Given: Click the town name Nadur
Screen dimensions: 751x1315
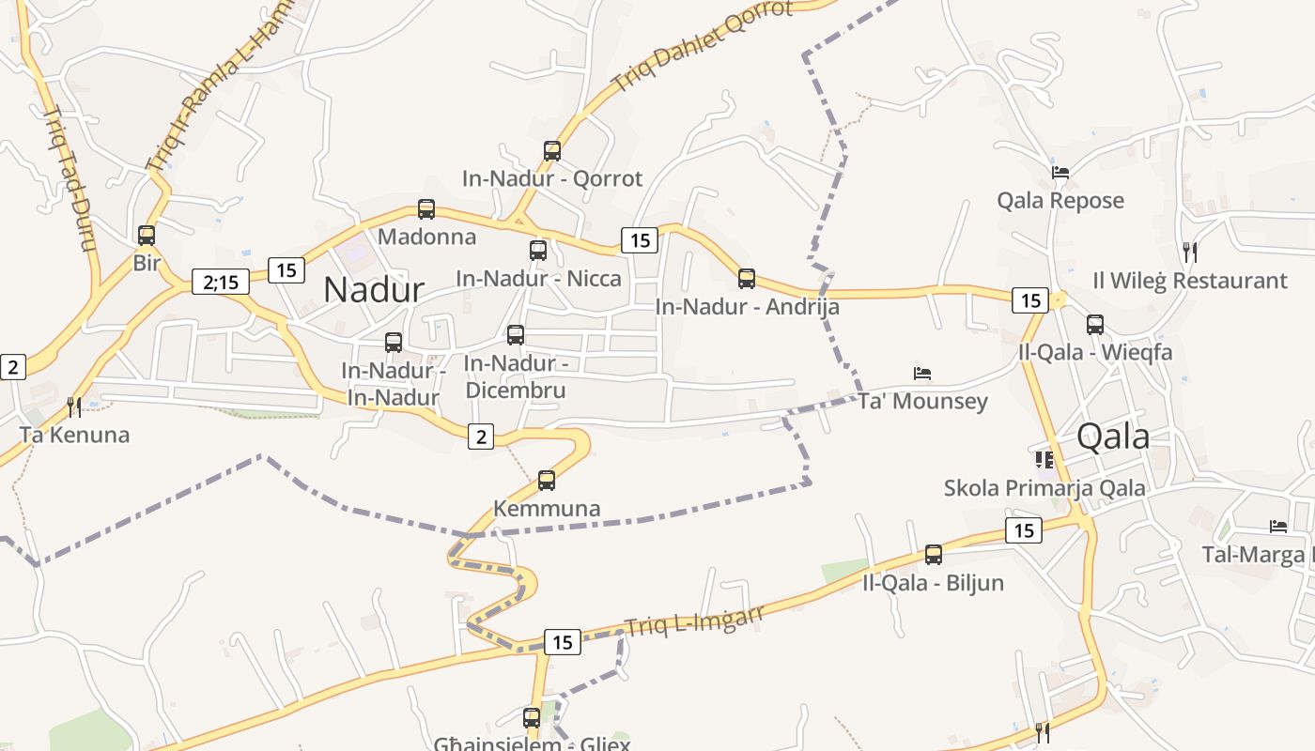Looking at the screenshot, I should click(x=374, y=289).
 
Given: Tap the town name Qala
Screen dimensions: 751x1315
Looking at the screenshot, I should click(x=1113, y=436).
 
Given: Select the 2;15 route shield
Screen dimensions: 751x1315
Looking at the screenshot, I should click(x=221, y=281).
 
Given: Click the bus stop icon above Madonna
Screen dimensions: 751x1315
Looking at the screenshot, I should click(x=426, y=209).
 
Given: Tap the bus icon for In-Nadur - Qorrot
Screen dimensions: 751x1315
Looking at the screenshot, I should click(x=552, y=151).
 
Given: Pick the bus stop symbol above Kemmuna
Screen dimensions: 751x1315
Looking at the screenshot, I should click(x=547, y=481).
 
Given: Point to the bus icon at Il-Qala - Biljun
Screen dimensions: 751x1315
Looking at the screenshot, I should click(x=934, y=555).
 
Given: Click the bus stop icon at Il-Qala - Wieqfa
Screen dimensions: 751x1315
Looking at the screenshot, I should click(x=1095, y=325).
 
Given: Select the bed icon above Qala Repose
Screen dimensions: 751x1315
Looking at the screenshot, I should click(x=1060, y=173).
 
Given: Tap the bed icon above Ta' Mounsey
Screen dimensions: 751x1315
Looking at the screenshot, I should click(x=922, y=374).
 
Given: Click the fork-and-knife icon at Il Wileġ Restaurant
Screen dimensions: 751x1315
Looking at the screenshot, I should click(x=1189, y=252).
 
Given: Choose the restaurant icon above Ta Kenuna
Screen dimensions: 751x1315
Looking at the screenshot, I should click(x=74, y=406).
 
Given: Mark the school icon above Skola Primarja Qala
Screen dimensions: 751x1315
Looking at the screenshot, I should click(x=1044, y=460).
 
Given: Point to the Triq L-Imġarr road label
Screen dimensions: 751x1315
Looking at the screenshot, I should click(x=695, y=620).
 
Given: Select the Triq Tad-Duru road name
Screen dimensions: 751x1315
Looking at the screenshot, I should click(x=70, y=178).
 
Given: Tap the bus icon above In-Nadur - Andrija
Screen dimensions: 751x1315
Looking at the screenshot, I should click(x=747, y=279).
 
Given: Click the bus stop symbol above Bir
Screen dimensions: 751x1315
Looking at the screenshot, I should click(x=147, y=235).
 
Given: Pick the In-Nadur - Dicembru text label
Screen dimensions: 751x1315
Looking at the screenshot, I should click(x=515, y=376).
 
